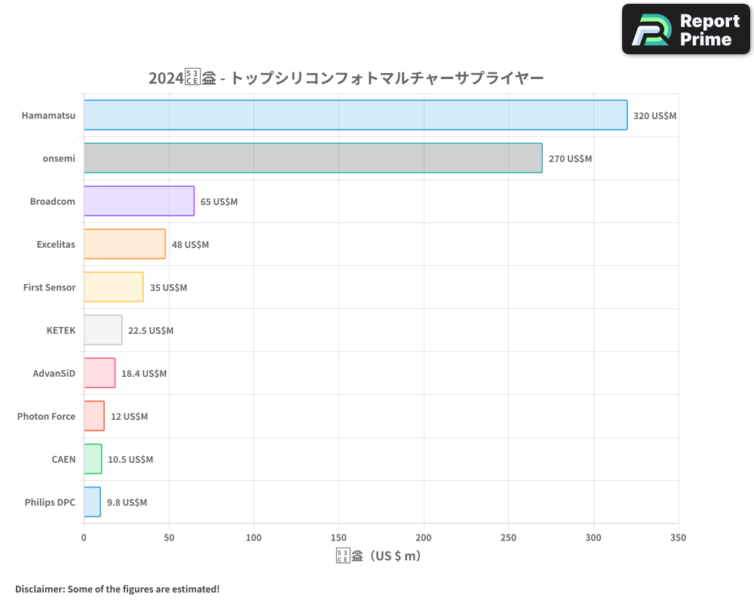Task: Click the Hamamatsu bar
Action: pyautogui.click(x=355, y=115)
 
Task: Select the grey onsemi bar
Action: pyautogui.click(x=313, y=158)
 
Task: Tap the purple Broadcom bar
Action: pyautogui.click(x=139, y=201)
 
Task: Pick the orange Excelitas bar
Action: pyautogui.click(x=124, y=244)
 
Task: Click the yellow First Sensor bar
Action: pyautogui.click(x=113, y=287)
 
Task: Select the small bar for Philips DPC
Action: pyautogui.click(x=92, y=502)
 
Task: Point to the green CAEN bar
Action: pyautogui.click(x=93, y=459)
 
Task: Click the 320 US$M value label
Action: pyautogui.click(x=654, y=116)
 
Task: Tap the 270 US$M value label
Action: pyautogui.click(x=570, y=159)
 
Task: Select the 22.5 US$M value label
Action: pyautogui.click(x=150, y=331)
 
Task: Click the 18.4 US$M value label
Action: pyautogui.click(x=144, y=374)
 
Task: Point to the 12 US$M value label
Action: pyautogui.click(x=129, y=417)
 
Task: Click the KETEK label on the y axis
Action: pyautogui.click(x=60, y=330)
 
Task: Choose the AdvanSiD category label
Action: pyautogui.click(x=54, y=373)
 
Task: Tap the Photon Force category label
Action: pyautogui.click(x=46, y=416)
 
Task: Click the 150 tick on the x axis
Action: pyautogui.click(x=339, y=537)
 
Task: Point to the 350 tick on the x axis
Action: pyautogui.click(x=678, y=537)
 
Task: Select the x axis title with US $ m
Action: pyautogui.click(x=379, y=556)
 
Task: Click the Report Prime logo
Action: pyautogui.click(x=686, y=29)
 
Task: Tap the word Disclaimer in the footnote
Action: pyautogui.click(x=38, y=589)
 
